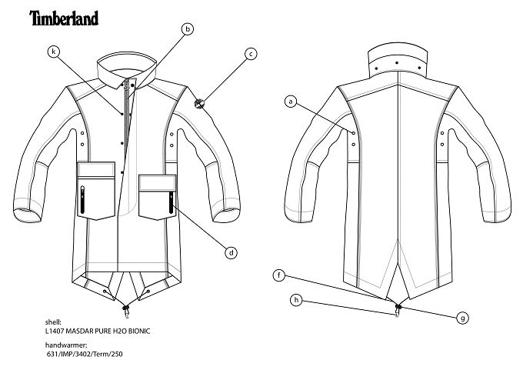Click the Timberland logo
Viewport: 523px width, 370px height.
click(64, 18)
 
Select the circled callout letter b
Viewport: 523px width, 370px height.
click(188, 29)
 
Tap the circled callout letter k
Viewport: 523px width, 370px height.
click(54, 52)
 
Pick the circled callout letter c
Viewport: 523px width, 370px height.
click(251, 54)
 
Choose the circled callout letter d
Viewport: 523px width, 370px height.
click(232, 252)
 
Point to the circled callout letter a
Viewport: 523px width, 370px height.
click(291, 101)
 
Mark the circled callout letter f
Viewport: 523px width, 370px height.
click(279, 275)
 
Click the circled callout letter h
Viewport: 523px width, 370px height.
click(296, 300)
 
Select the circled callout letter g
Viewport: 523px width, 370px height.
click(463, 318)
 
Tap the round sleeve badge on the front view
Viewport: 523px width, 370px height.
click(199, 103)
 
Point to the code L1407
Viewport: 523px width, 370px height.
click(55, 332)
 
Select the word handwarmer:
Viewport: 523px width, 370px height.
click(66, 345)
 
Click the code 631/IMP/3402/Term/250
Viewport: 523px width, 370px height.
click(85, 354)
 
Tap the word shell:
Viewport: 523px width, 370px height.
click(53, 322)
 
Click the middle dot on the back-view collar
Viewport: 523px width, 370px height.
click(397, 63)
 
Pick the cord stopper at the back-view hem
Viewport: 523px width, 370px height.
click(398, 306)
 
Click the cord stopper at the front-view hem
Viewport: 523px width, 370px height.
click(125, 307)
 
